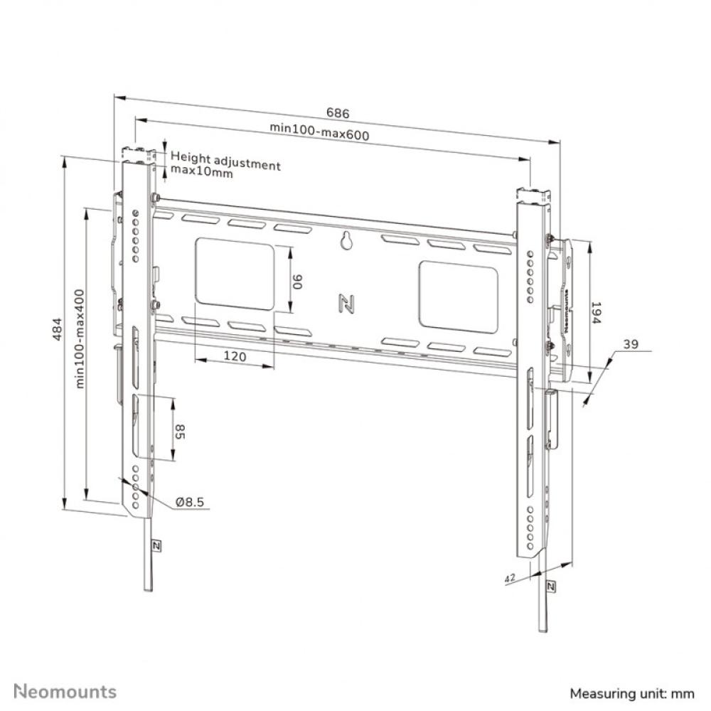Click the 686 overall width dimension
[x=338, y=112]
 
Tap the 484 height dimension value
[x=59, y=329]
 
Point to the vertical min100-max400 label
[x=80, y=338]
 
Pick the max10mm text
[x=201, y=173]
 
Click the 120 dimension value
[x=234, y=357]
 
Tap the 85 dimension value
[x=180, y=431]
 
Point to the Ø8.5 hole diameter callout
[x=190, y=502]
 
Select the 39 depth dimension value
[x=629, y=345]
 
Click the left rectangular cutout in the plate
[x=234, y=274]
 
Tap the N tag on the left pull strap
[x=156, y=545]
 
